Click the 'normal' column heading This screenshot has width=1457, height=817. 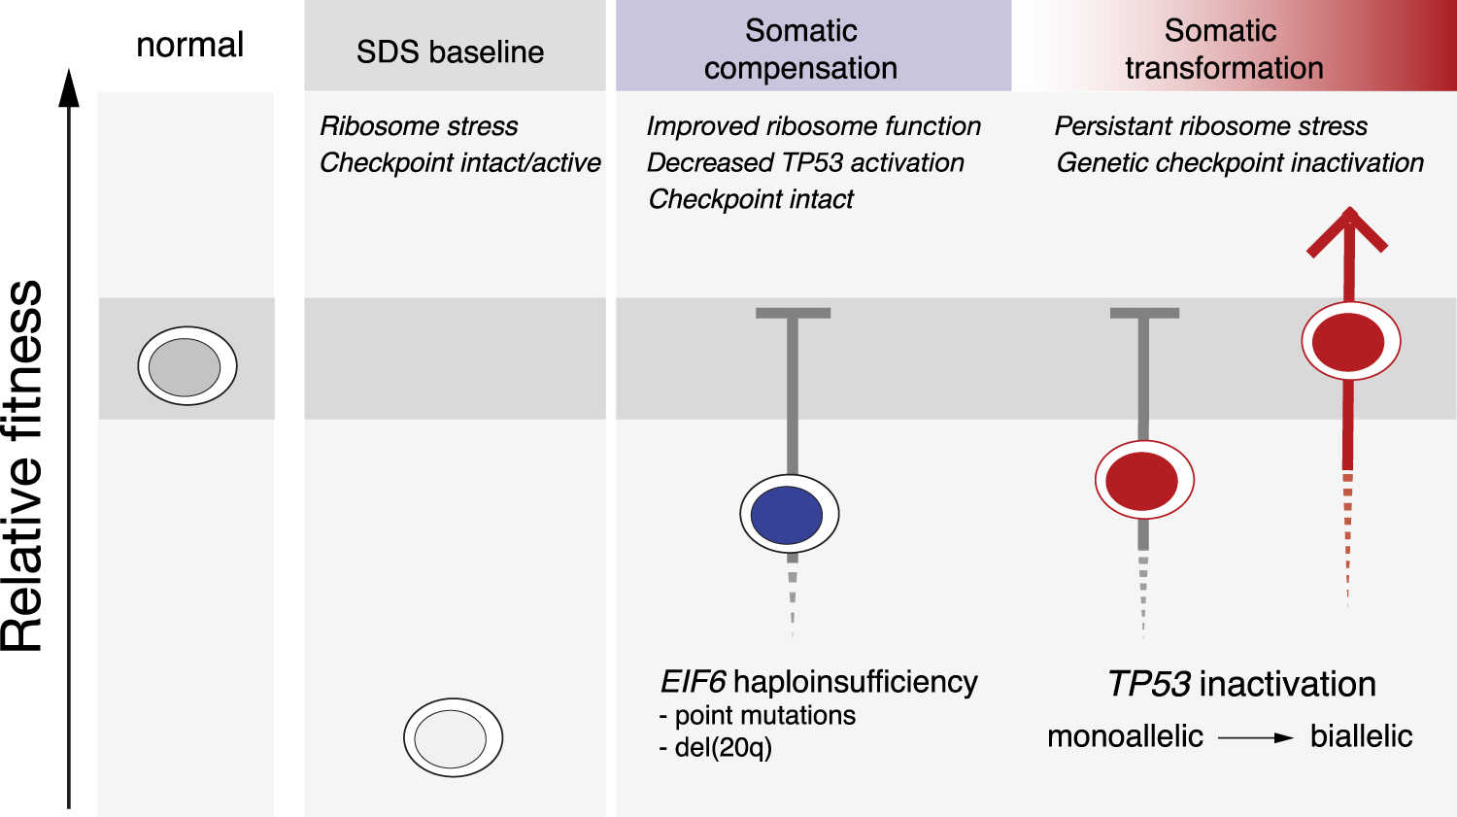pos(189,45)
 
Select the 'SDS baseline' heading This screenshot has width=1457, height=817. pos(450,51)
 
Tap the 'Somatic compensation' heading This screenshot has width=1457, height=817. pos(801,49)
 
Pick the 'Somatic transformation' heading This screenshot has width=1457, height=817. pos(1223,49)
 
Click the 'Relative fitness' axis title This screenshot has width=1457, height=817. pos(23,466)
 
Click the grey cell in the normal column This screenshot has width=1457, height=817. pos(186,366)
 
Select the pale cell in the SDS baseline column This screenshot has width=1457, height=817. pos(453,737)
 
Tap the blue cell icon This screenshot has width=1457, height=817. pos(789,514)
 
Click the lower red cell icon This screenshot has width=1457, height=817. pos(1143,480)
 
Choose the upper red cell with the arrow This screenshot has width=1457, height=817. pos(1349,342)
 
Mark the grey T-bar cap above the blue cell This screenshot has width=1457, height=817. pos(793,313)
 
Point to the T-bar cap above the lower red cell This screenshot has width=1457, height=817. pos(1144,313)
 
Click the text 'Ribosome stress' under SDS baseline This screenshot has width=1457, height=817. pos(419,126)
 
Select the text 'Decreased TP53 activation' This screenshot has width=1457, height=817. pos(805,162)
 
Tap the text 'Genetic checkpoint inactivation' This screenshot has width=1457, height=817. pos(1239,162)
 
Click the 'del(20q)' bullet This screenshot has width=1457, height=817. pos(716,747)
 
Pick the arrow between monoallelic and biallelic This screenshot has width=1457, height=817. pos(1255,738)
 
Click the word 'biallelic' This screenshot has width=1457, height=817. pos(1361,736)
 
